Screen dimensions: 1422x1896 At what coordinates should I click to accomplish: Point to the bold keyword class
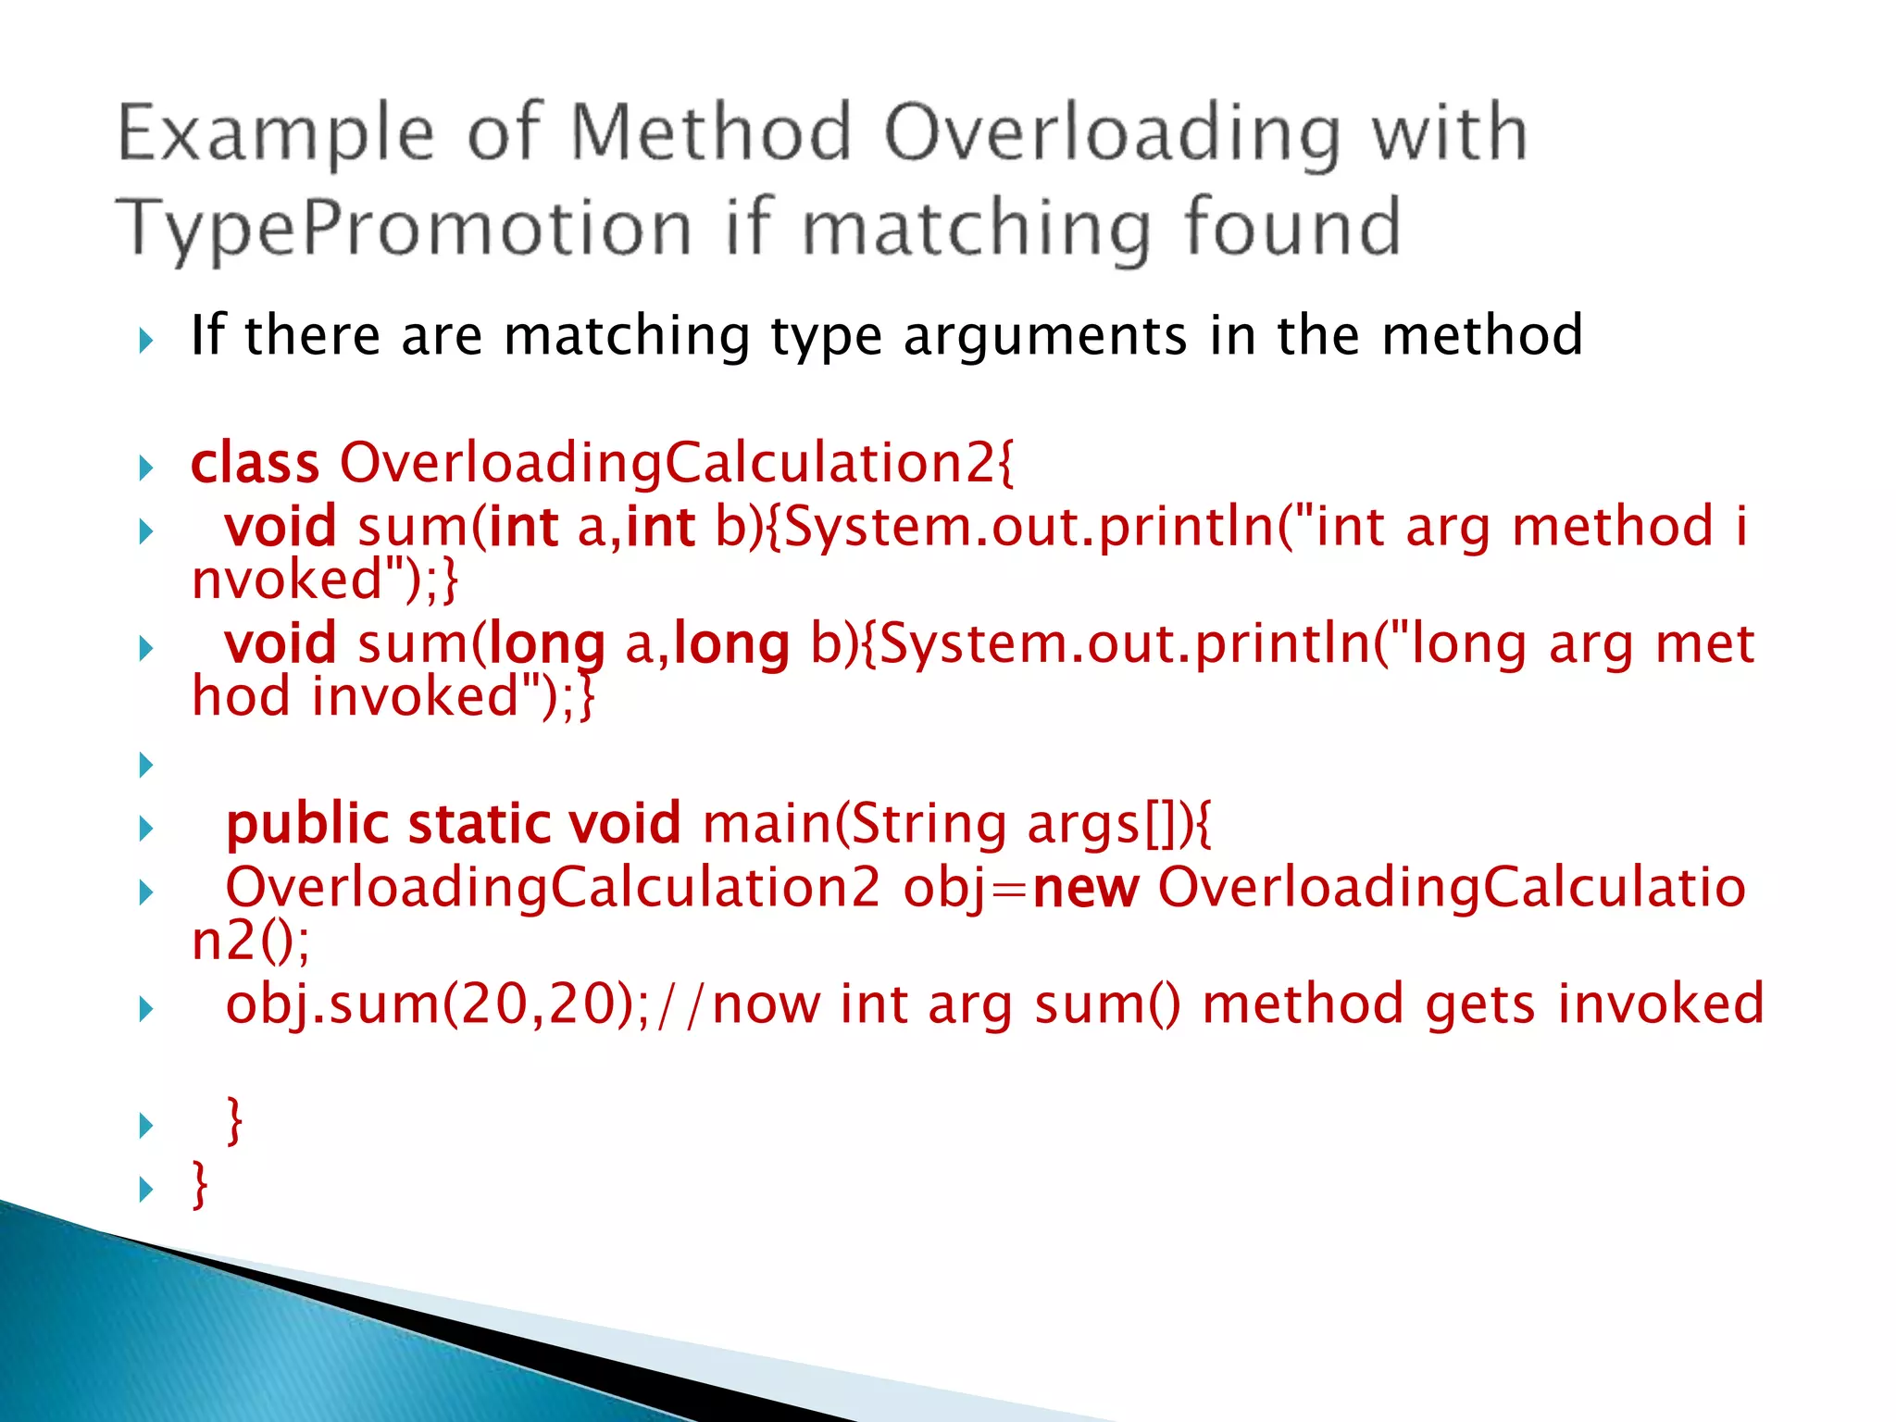pos(255,463)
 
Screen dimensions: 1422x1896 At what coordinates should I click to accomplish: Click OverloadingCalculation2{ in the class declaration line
pos(677,463)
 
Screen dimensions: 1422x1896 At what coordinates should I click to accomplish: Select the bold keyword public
pos(306,824)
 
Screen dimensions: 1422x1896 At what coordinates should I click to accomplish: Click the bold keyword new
pos(1085,888)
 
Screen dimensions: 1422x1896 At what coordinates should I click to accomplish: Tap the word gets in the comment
pos(1480,1004)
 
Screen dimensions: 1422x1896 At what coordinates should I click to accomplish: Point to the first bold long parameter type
pos(546,644)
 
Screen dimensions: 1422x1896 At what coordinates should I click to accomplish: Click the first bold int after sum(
pos(523,528)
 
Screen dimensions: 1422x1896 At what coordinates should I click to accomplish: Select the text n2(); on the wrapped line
pos(250,942)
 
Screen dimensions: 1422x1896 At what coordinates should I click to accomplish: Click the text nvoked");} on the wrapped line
pos(324,580)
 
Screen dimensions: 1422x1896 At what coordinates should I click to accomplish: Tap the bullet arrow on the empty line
pos(145,765)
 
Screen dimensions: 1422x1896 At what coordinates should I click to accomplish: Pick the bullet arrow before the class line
pos(145,468)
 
